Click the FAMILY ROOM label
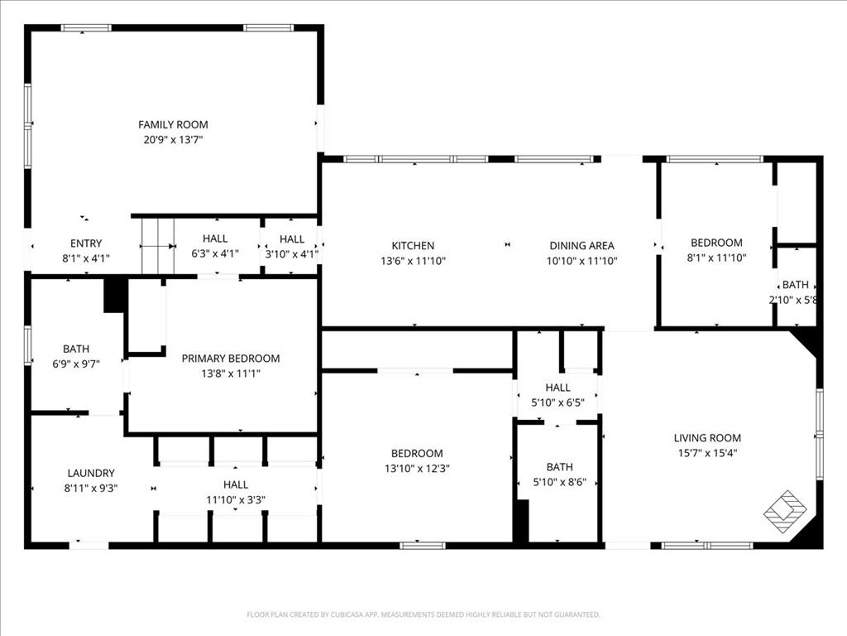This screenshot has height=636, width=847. pyautogui.click(x=173, y=125)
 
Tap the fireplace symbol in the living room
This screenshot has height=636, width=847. pyautogui.click(x=784, y=512)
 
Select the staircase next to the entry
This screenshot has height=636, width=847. pyautogui.click(x=156, y=246)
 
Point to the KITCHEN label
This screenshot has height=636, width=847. pyautogui.click(x=413, y=245)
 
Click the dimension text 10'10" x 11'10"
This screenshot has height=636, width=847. pyautogui.click(x=582, y=261)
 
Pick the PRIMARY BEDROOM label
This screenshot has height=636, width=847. pyautogui.click(x=231, y=359)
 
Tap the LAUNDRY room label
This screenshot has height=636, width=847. pyautogui.click(x=91, y=473)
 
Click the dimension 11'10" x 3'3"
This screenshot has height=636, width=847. pyautogui.click(x=236, y=499)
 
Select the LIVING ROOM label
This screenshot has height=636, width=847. pyautogui.click(x=707, y=438)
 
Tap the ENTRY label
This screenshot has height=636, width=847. pyautogui.click(x=86, y=243)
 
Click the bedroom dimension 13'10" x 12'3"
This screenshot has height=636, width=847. pyautogui.click(x=417, y=468)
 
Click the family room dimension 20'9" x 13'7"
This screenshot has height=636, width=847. pyautogui.click(x=173, y=140)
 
